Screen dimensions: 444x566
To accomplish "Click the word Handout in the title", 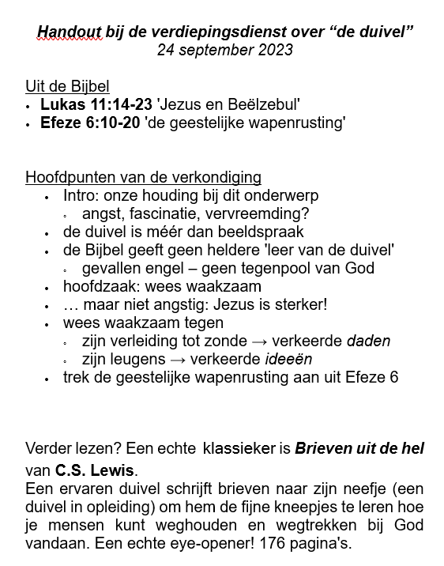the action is click(x=69, y=32).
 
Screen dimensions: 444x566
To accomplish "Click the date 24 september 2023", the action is click(x=225, y=51).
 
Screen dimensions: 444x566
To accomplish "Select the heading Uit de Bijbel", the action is click(x=67, y=87).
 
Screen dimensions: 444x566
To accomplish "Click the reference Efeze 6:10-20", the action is click(x=90, y=123).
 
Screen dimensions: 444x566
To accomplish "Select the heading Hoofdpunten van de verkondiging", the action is click(x=143, y=177).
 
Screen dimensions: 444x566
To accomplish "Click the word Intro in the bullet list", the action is click(x=78, y=195).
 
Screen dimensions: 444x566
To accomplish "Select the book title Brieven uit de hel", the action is click(x=359, y=448).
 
